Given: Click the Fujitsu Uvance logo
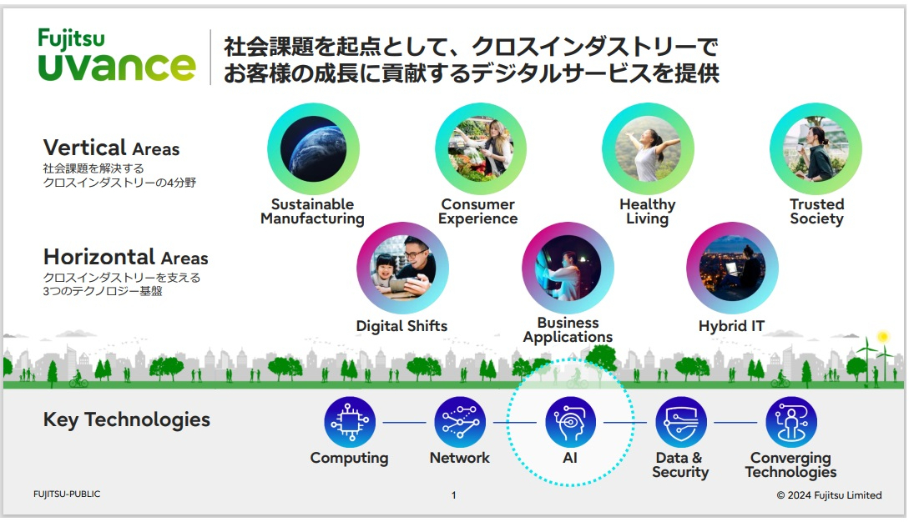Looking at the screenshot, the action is point(117,55).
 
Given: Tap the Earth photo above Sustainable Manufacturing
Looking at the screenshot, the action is point(313,149).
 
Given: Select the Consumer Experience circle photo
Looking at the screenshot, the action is point(481,149).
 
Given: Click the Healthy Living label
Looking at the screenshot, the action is point(648,212).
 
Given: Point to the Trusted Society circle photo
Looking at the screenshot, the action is point(816,149).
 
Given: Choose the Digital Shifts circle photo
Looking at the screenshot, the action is point(402,269).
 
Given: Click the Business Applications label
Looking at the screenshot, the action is point(568,330).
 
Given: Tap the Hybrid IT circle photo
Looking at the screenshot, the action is point(732,269).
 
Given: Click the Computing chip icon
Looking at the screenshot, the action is point(350,422).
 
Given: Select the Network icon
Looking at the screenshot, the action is point(460,422).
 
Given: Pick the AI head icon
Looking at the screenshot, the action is point(570,422).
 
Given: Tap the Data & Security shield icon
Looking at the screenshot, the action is point(681,422).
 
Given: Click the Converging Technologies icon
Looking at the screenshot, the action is point(791,422).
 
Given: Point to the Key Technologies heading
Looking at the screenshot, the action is point(126,420).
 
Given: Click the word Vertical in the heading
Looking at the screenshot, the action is point(84,147).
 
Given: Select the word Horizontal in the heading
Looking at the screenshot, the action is point(98,257).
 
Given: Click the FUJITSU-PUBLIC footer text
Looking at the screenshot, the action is point(67,494).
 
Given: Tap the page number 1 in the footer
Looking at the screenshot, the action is point(454,495).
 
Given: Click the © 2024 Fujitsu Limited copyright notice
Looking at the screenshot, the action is point(830,495).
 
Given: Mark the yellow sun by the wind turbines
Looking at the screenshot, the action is point(883,337).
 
